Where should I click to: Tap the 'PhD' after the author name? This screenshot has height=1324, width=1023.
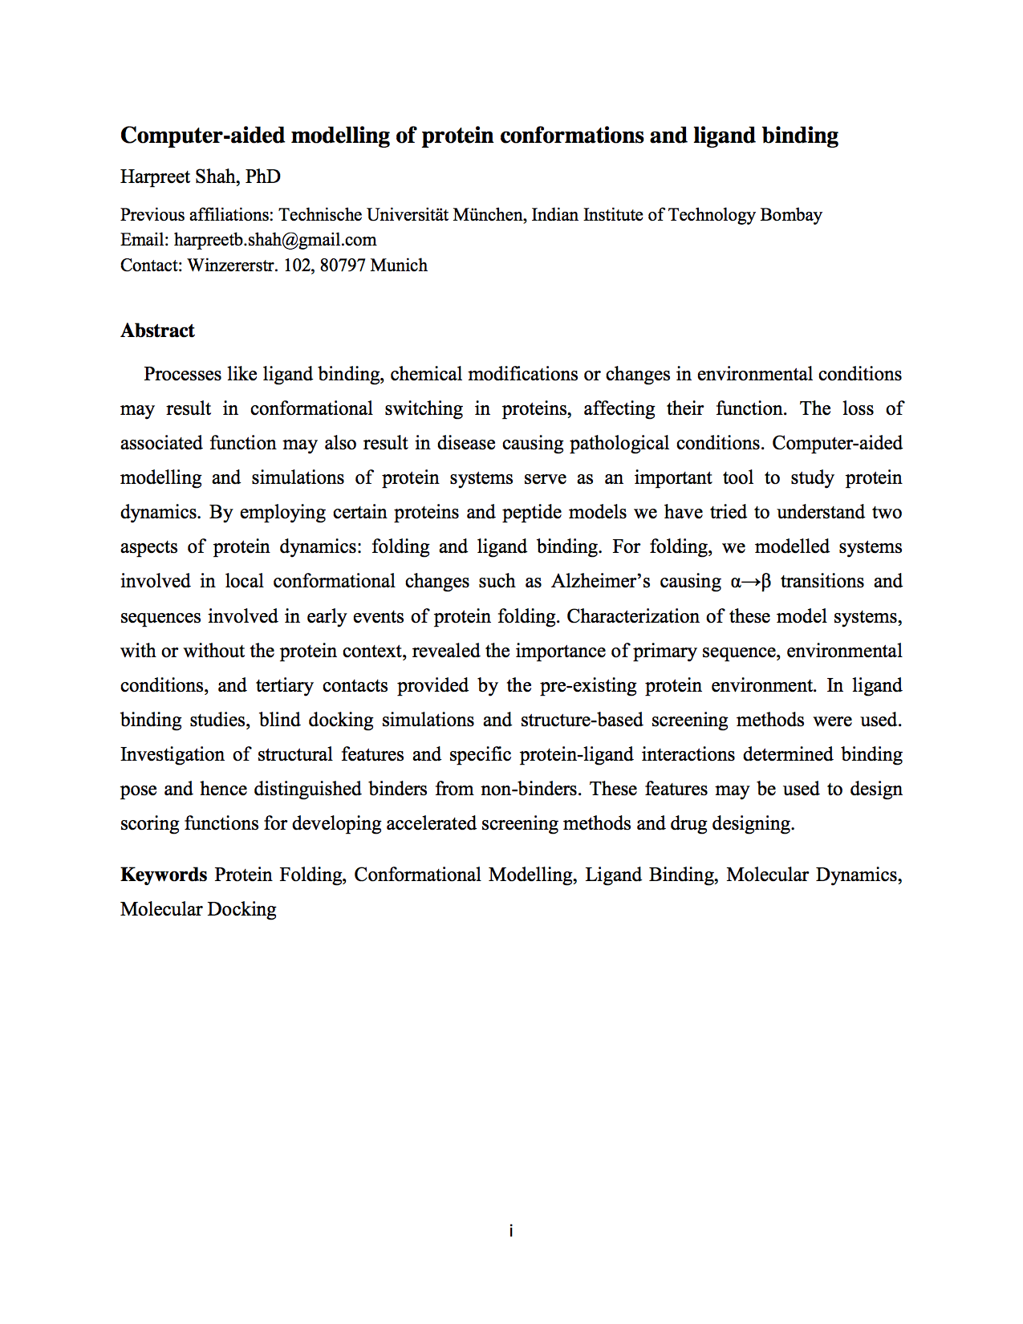coord(263,177)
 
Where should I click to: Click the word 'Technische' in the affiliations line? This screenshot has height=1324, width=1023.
coord(320,215)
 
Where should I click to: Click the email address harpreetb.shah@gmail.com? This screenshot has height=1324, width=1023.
coord(275,240)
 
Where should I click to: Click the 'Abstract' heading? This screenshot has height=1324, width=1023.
coord(157,331)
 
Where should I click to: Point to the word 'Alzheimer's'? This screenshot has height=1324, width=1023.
coord(600,581)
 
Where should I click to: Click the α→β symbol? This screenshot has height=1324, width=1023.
coord(751,581)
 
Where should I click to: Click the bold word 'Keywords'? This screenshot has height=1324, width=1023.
coord(164,875)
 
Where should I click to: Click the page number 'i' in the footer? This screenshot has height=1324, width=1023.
coord(511,1231)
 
